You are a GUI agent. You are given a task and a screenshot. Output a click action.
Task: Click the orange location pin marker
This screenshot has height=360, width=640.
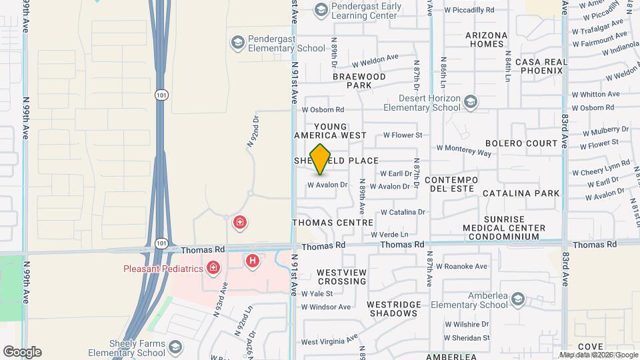[x=321, y=159]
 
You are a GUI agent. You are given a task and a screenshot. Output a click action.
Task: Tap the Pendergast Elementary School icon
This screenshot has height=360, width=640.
[x=237, y=43]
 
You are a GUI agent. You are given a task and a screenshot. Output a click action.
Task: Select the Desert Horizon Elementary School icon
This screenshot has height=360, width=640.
[x=471, y=102]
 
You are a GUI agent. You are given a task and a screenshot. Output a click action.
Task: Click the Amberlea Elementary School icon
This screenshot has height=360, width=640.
[x=519, y=298]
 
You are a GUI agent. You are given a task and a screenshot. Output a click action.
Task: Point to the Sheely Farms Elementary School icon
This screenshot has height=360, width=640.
[x=175, y=347]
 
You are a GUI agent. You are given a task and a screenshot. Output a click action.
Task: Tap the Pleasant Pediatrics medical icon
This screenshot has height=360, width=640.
[x=213, y=269]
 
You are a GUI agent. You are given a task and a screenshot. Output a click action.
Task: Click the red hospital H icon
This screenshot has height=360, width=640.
[x=252, y=261]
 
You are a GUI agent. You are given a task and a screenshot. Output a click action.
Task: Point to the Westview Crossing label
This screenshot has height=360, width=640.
[x=341, y=277]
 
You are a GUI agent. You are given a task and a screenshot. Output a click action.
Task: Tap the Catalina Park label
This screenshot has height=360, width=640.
[x=521, y=193]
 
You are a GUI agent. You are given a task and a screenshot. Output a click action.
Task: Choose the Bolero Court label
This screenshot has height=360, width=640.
[x=521, y=143]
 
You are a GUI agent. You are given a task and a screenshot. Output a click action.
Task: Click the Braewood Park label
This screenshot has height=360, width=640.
[x=359, y=81]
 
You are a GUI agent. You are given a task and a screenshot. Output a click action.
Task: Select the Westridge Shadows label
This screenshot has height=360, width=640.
[x=394, y=309]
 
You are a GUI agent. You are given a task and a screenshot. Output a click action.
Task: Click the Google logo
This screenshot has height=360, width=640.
[x=22, y=351]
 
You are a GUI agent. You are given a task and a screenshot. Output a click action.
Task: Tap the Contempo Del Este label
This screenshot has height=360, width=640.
[x=451, y=185]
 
